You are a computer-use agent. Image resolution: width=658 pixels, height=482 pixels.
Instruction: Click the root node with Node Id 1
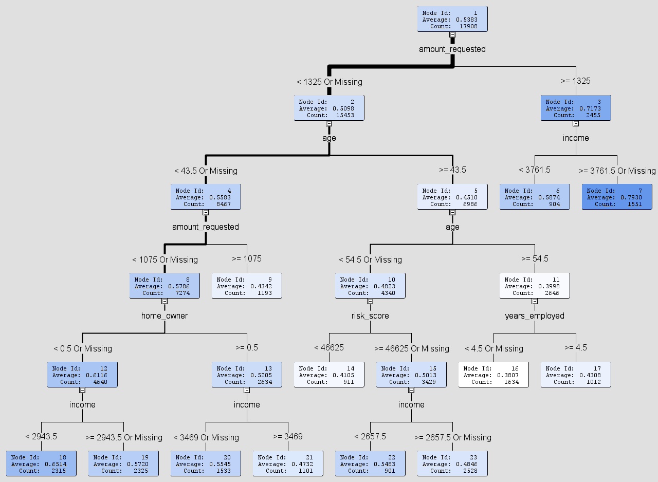coord(452,19)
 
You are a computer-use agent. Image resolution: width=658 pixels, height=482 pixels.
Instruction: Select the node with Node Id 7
coord(617,197)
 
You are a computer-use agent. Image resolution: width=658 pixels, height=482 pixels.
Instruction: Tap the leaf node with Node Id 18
coord(41,464)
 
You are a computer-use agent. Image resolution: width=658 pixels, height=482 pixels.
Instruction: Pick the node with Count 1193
coord(247,286)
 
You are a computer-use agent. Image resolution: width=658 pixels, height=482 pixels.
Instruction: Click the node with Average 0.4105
coord(329,375)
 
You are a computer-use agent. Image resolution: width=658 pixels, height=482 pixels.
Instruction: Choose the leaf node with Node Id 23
coord(452,464)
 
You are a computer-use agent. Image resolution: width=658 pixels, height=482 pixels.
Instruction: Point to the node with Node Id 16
coord(493,375)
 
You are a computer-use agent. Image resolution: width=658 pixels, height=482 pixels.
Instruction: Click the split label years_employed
coord(535,316)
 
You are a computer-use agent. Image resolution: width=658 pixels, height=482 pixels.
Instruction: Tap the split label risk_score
coord(370,316)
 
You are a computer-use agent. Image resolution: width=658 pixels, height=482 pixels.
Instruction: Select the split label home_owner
coord(164,316)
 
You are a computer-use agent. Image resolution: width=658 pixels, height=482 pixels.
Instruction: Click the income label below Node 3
coord(576,138)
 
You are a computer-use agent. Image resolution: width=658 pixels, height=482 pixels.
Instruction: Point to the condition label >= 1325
coord(576,81)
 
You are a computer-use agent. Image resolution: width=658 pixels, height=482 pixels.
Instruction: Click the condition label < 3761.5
coord(535,170)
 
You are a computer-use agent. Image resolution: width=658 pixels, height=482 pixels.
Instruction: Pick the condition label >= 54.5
coord(535,258)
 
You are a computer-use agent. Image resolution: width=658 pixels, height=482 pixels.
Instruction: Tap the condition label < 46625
coord(329,347)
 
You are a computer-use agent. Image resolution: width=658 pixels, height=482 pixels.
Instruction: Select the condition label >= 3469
coord(288,436)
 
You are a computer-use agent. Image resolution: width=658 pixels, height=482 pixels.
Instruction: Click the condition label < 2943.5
coord(41,436)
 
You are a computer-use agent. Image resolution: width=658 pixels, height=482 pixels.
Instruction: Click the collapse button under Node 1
coord(452,35)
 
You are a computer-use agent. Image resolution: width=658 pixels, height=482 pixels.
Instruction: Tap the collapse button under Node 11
coord(535,302)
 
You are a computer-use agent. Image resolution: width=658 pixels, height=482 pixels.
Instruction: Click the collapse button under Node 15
coord(411,391)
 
